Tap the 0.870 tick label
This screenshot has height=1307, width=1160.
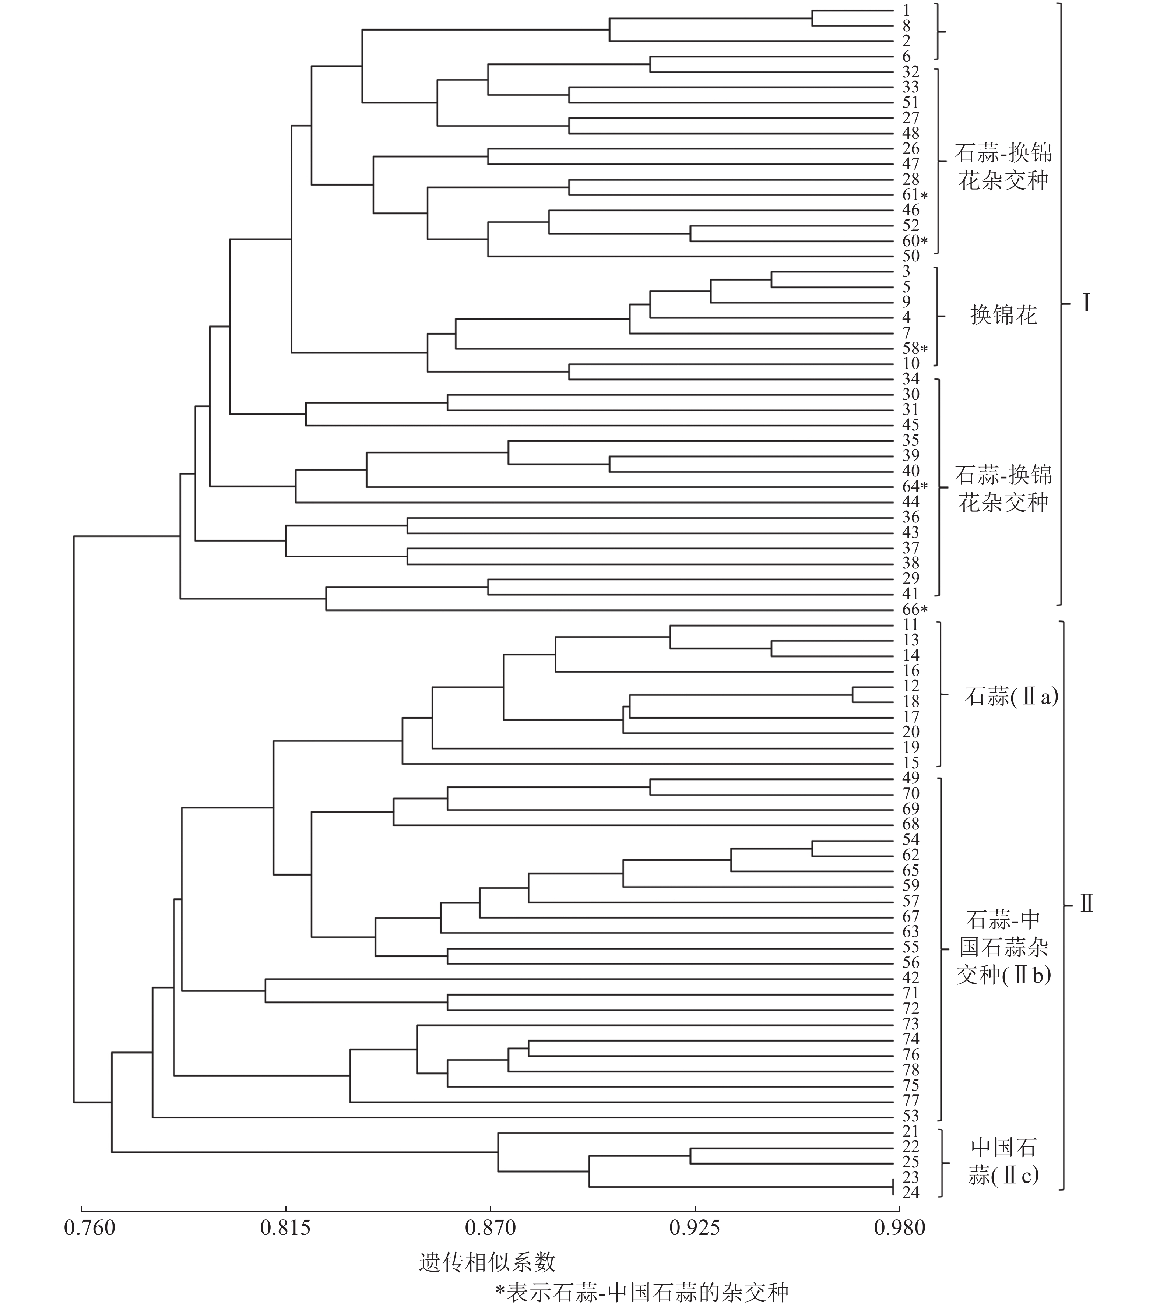click(491, 1228)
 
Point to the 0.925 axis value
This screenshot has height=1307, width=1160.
click(695, 1228)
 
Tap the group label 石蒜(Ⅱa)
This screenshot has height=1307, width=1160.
click(1011, 696)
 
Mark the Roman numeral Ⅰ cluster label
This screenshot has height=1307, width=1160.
click(1086, 303)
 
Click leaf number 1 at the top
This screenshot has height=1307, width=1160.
click(907, 10)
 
